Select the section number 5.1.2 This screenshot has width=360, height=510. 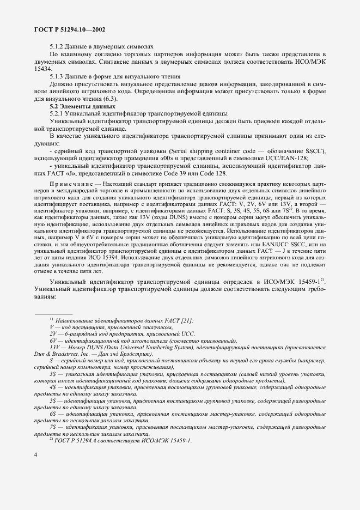58,46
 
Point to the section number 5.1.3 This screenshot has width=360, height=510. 58,77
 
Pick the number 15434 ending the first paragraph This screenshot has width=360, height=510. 42,69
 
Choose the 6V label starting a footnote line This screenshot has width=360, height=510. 53,339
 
